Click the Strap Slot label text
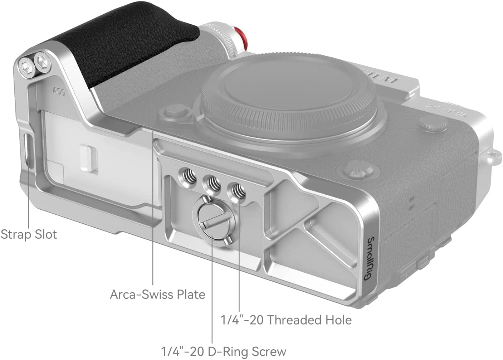[29, 235]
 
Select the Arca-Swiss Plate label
[158, 295]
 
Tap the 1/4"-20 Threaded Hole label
[286, 320]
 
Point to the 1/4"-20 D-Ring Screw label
[224, 352]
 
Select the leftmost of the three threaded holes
[187, 178]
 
